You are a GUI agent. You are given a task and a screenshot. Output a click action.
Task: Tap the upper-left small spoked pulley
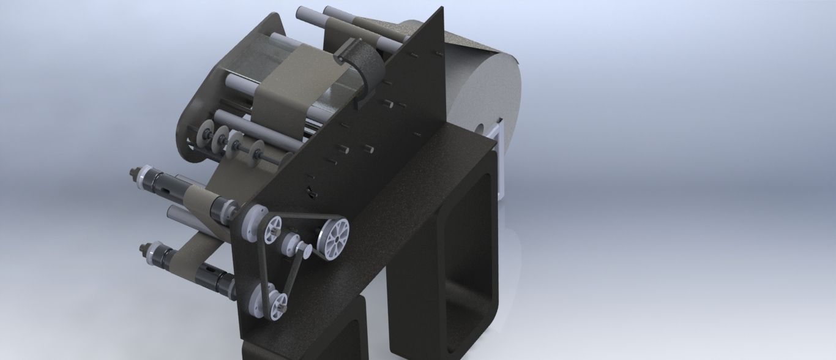pyautogui.click(x=272, y=230)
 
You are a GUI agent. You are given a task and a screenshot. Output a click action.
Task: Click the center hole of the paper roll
pyautogui.click(x=480, y=130)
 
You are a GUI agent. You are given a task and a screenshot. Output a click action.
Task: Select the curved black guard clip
pyautogui.click(x=361, y=67)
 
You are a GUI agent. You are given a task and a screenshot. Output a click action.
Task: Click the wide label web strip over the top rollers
pyautogui.click(x=288, y=92)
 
